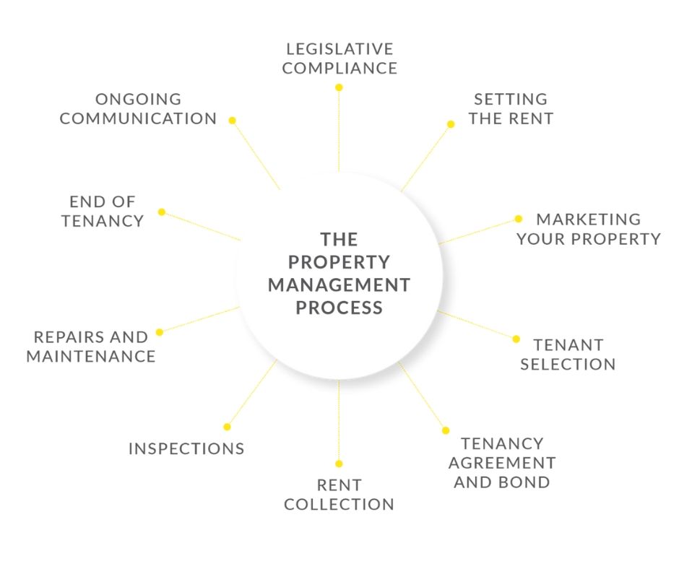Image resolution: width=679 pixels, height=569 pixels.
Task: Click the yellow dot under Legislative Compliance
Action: tap(339, 87)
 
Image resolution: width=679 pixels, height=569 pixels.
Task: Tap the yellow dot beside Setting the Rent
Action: tap(451, 124)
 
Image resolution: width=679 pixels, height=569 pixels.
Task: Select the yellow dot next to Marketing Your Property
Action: tap(519, 219)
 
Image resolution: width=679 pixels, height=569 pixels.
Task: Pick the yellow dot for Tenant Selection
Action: tap(516, 339)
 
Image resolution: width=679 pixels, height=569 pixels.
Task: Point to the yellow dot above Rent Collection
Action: tap(339, 464)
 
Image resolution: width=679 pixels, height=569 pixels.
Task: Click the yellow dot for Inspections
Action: tap(227, 427)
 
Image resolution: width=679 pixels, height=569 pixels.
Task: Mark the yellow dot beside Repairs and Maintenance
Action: tap(160, 332)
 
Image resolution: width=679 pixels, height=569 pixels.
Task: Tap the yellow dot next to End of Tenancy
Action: tap(162, 212)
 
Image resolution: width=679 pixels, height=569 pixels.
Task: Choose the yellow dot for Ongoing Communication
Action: tap(232, 121)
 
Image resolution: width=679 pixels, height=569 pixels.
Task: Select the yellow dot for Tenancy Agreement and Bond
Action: tap(446, 430)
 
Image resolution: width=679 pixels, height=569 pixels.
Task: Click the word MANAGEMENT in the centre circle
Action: tap(339, 285)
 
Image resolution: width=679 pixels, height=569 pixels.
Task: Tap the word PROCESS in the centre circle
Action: tap(339, 308)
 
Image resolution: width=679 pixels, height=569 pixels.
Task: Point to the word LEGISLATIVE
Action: tap(340, 49)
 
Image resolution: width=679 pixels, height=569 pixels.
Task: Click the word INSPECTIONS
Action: tap(186, 448)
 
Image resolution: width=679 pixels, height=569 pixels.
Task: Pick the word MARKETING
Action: tap(589, 219)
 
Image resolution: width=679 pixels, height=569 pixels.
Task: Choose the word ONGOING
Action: tap(138, 99)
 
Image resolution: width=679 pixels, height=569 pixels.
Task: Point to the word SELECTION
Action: tap(568, 364)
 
